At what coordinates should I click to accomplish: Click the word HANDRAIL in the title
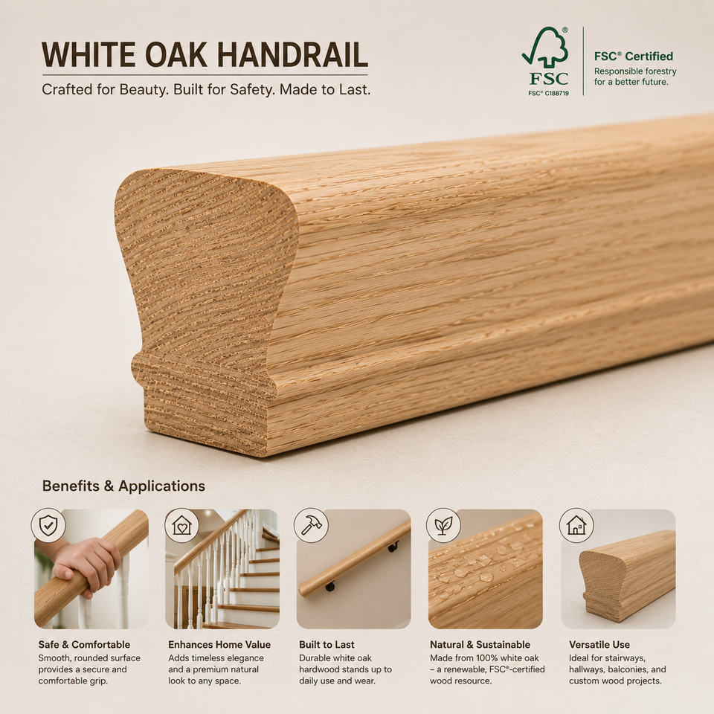(293, 55)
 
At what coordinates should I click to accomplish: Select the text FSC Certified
(634, 57)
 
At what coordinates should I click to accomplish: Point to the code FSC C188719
(548, 93)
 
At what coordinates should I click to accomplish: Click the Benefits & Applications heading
(123, 486)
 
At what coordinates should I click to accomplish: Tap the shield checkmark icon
(48, 526)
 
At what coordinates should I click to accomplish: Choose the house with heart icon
(181, 526)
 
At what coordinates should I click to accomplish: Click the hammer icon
(311, 526)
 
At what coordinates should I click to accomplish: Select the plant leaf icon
(443, 526)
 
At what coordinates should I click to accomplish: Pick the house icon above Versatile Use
(576, 526)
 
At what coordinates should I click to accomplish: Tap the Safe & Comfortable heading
(84, 645)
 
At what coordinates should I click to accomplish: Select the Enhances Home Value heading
(219, 645)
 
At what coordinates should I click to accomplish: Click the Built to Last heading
(327, 645)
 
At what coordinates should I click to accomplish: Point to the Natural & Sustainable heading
(480, 645)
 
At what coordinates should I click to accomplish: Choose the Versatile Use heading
(599, 645)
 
